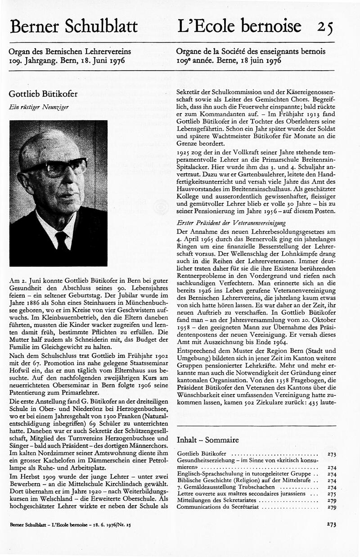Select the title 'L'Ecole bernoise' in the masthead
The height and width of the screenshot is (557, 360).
pos(239,26)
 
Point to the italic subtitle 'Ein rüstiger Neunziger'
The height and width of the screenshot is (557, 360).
pos(35,108)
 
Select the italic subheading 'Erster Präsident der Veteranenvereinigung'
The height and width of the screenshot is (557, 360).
pos(232,223)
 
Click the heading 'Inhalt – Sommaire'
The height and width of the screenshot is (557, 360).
pos(208,439)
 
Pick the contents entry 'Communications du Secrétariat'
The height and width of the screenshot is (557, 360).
pos(218,507)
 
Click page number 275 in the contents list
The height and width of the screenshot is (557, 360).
pos(332,494)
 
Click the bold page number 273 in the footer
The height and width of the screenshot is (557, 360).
pos(332,525)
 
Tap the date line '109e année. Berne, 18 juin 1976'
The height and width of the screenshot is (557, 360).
pos(229,60)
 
